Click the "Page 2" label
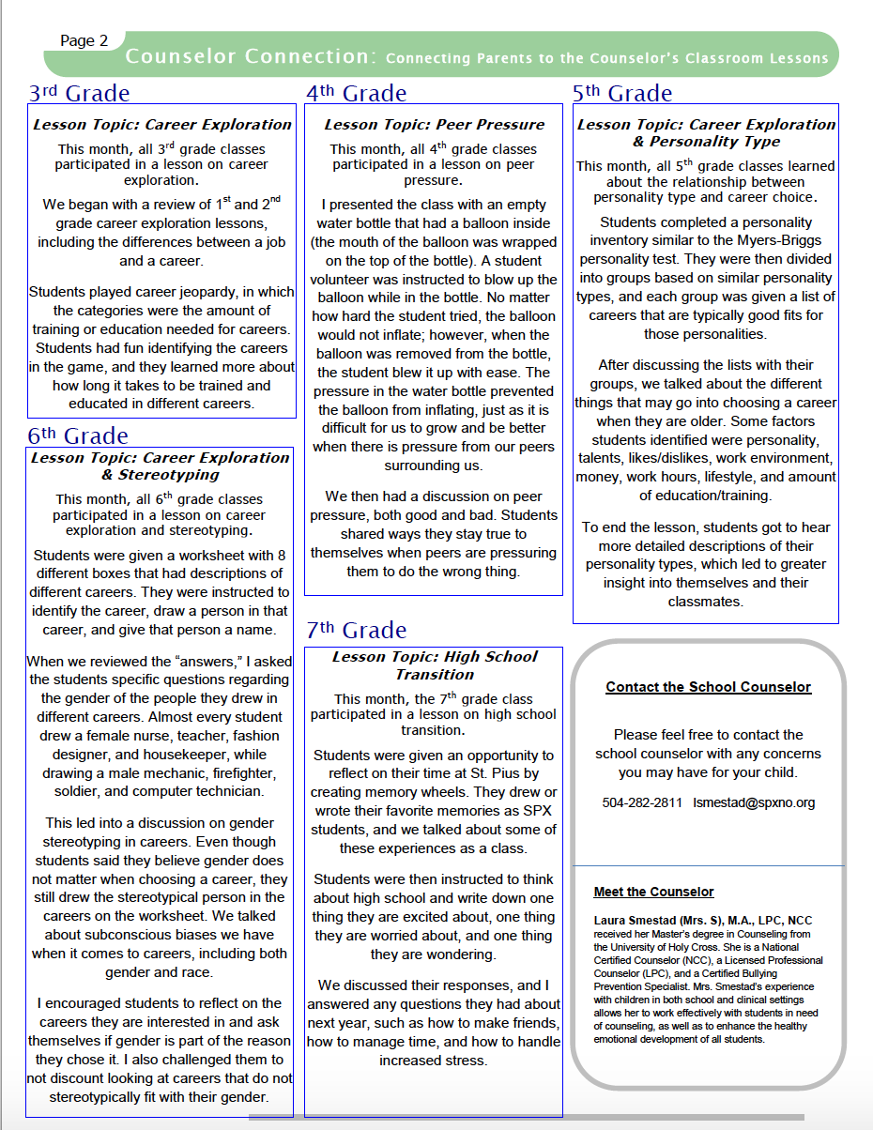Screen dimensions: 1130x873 84,40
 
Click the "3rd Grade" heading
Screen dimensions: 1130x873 79,93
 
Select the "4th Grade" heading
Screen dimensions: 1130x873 357,93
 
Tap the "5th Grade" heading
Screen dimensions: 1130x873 622,93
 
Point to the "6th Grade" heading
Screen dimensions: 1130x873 78,435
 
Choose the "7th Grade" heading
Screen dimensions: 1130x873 357,630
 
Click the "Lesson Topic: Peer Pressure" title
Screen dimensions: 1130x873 435,124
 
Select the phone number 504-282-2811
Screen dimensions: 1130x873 642,802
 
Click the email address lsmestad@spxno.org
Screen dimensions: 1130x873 754,802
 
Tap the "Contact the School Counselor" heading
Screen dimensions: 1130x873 708,687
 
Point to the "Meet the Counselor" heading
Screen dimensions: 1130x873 653,892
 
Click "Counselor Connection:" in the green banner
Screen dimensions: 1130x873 251,56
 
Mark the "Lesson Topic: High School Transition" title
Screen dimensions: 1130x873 435,665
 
